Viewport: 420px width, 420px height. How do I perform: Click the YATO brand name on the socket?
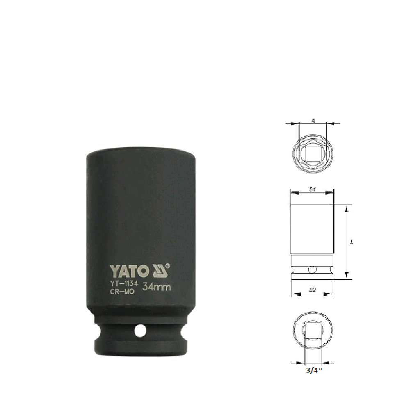pyautogui.click(x=129, y=271)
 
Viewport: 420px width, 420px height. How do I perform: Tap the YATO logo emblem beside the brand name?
pyautogui.click(x=157, y=271)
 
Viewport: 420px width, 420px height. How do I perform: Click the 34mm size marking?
pyautogui.click(x=156, y=288)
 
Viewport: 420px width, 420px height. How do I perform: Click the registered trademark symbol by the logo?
pyautogui.click(x=168, y=266)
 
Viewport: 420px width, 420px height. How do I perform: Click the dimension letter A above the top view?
pyautogui.click(x=313, y=121)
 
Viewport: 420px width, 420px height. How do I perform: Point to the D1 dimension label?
pyautogui.click(x=312, y=189)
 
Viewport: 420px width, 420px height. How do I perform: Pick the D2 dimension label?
pyautogui.click(x=312, y=290)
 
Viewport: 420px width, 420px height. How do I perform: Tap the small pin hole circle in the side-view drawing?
pyautogui.click(x=312, y=269)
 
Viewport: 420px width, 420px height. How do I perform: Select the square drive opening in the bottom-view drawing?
pyautogui.click(x=313, y=331)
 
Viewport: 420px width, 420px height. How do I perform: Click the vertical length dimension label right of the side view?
pyautogui.click(x=352, y=242)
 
